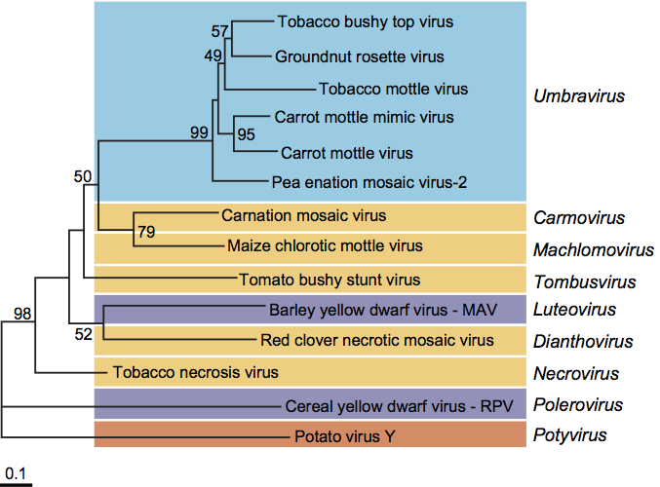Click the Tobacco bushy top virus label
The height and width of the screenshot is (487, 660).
point(366,20)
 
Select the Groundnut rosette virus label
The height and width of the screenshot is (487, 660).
point(360,56)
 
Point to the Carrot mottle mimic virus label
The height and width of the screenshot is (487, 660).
point(365,118)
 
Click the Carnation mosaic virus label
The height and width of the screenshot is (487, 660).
point(303,214)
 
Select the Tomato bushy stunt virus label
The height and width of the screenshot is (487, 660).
point(330,281)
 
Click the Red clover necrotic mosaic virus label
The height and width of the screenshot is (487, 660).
point(377,340)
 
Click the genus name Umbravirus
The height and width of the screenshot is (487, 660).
point(579,96)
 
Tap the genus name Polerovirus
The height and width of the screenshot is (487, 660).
point(576,404)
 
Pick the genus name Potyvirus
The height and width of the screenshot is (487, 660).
point(570,435)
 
